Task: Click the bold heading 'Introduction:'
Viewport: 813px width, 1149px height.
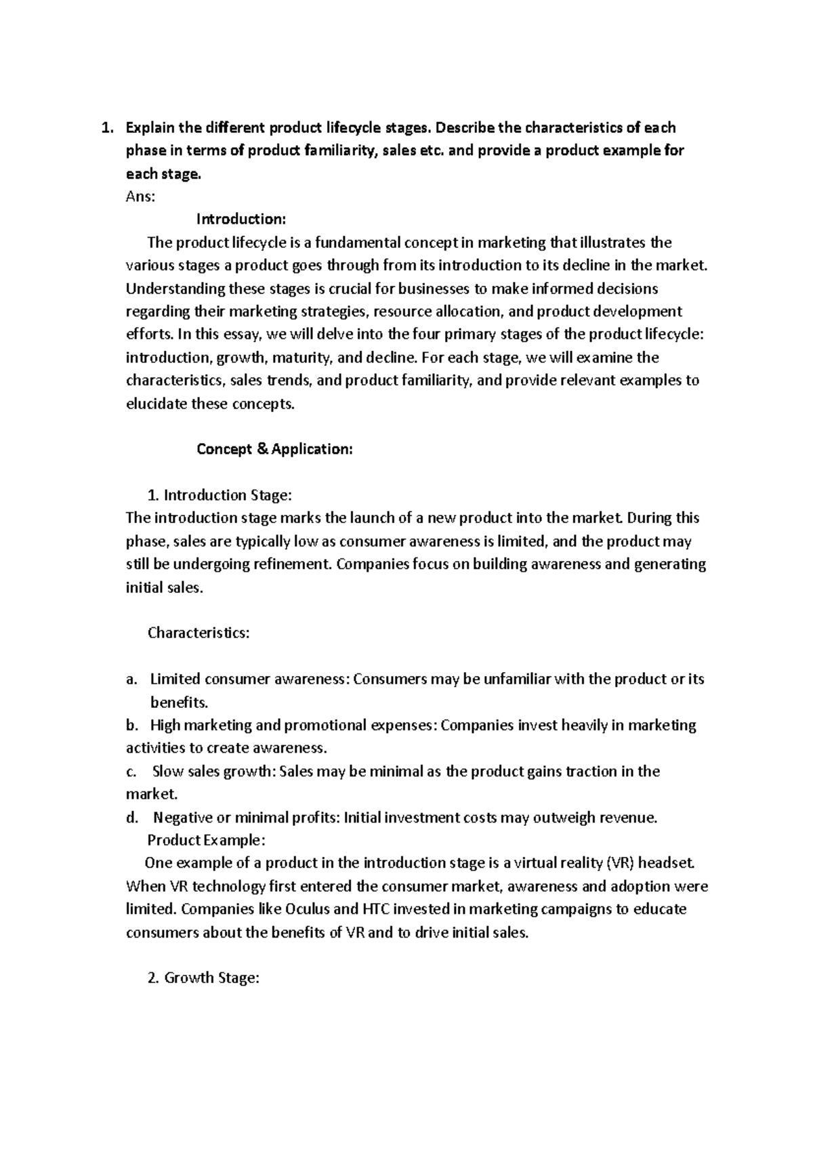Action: click(x=241, y=220)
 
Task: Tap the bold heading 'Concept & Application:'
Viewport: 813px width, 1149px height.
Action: click(x=274, y=449)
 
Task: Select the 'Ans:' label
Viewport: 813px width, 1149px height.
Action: click(x=140, y=196)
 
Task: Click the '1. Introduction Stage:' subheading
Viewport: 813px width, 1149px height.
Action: click(x=219, y=495)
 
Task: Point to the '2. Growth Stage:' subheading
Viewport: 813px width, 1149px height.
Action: click(x=203, y=978)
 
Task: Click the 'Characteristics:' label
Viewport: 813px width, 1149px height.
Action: click(x=199, y=633)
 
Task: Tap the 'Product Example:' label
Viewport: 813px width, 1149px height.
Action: click(x=206, y=840)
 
